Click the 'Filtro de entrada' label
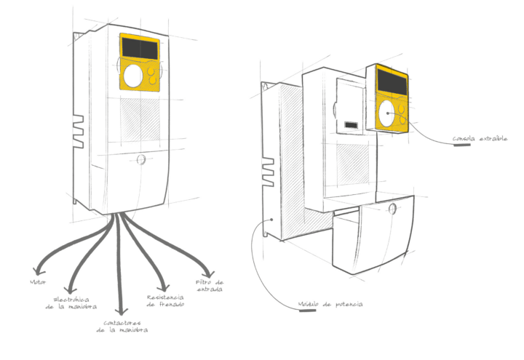209,285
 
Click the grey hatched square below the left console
139,118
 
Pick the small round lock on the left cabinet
141,158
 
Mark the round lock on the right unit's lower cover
393,208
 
